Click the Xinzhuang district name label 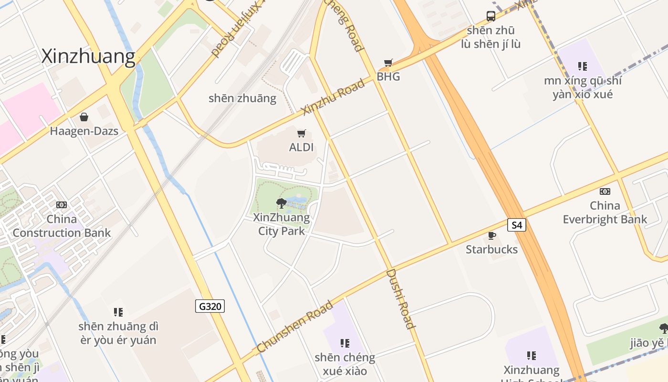tap(88, 56)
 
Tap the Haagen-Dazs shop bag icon tap(84, 117)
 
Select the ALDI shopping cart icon tap(301, 133)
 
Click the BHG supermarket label tap(388, 76)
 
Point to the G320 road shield tap(210, 306)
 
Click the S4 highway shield tap(516, 225)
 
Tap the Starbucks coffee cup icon tap(491, 236)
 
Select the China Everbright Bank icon tap(605, 191)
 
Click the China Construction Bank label tap(62, 226)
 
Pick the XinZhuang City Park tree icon tap(282, 203)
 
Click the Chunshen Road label tap(294, 327)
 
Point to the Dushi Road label tap(400, 299)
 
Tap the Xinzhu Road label tap(334, 97)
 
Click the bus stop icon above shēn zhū tap(491, 16)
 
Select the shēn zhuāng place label tap(242, 98)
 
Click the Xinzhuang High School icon tap(532, 356)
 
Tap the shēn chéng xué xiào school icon tap(345, 343)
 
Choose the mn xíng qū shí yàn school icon tap(582, 66)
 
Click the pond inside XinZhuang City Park tap(298, 201)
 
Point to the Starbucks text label tap(491, 249)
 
